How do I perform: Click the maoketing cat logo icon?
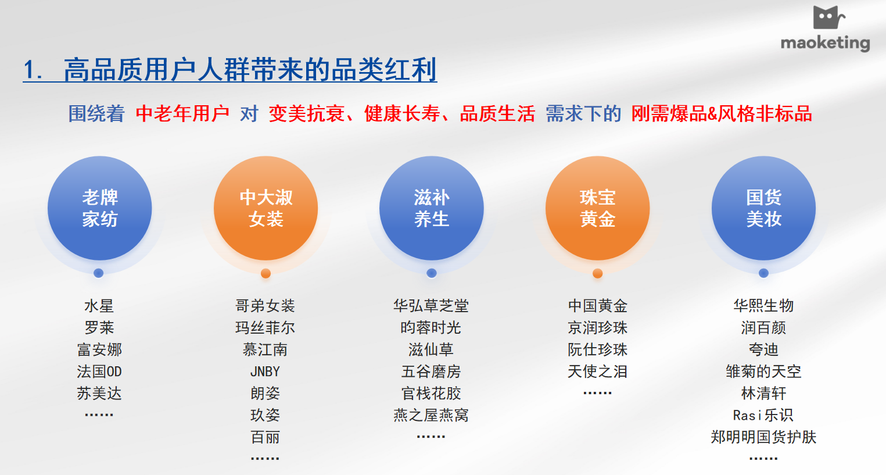(829, 17)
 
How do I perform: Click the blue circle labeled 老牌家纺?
(100, 208)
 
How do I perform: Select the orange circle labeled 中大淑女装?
(266, 208)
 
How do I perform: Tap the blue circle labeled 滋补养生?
(432, 208)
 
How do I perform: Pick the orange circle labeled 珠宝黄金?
(598, 208)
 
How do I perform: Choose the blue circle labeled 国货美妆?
(764, 208)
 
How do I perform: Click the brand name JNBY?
(265, 372)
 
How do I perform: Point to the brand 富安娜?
(99, 349)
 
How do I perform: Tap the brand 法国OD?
(99, 372)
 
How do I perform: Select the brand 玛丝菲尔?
(265, 328)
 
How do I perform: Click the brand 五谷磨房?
(431, 372)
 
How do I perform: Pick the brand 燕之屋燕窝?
(431, 415)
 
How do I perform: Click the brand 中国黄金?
(598, 306)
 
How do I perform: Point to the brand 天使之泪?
(598, 372)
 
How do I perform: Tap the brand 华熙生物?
(764, 306)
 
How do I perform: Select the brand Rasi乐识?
(763, 415)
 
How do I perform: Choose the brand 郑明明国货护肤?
(763, 437)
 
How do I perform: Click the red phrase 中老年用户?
(182, 113)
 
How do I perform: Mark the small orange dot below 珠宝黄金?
(598, 273)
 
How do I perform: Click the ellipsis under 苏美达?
(99, 415)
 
